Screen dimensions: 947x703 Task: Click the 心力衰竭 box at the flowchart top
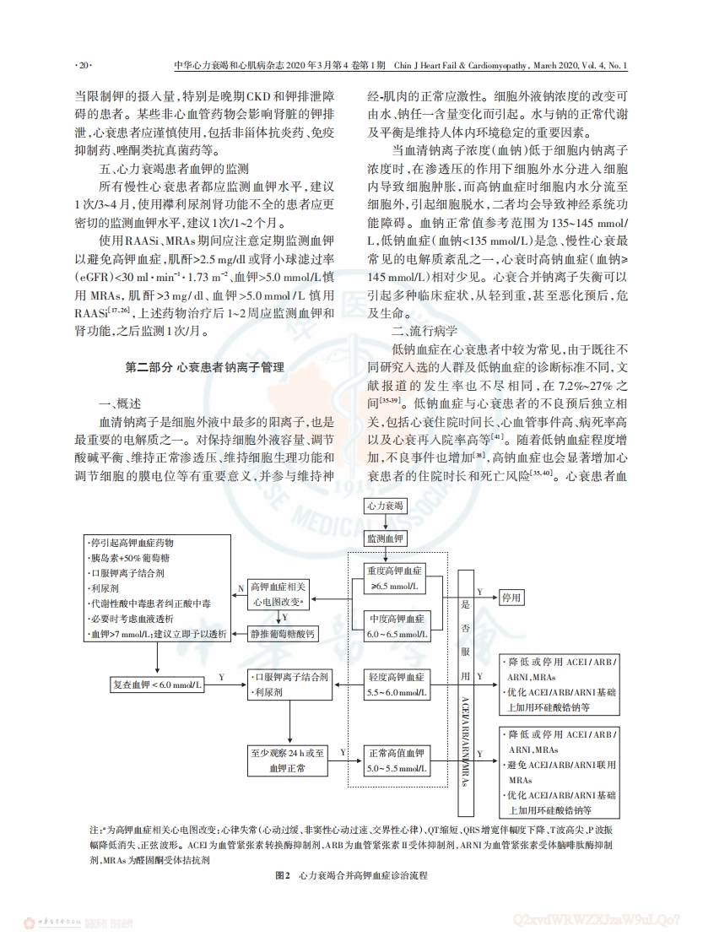[x=387, y=506]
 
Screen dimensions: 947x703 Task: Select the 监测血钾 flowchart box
[x=387, y=538]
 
